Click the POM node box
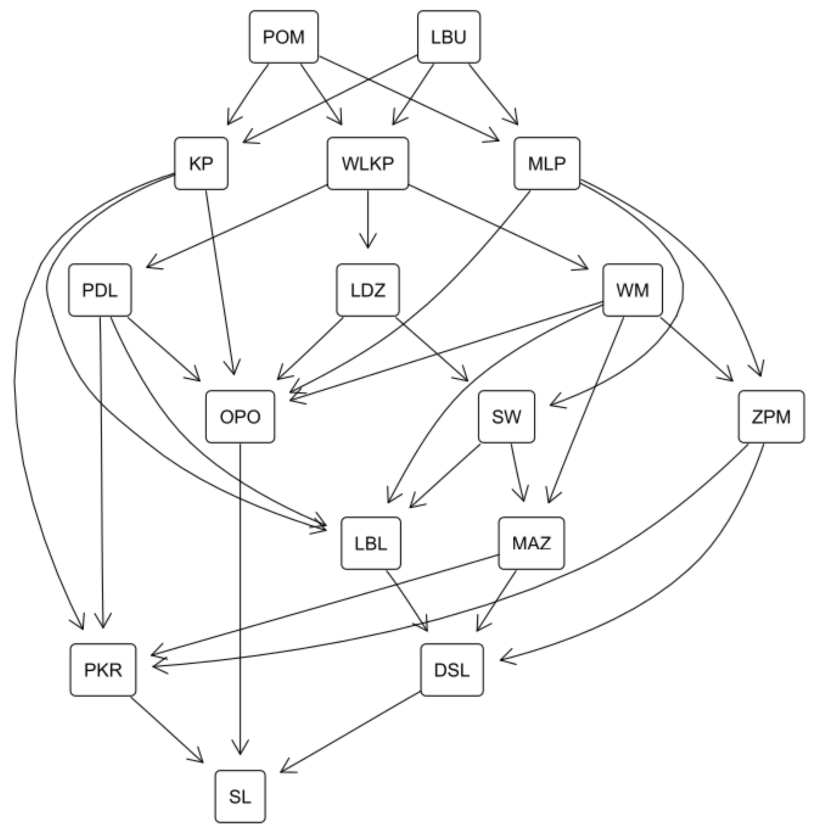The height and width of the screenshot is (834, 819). tap(283, 37)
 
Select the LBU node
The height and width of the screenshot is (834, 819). tap(449, 37)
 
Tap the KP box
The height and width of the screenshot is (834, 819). tap(201, 164)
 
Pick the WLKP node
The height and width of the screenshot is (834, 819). tap(368, 164)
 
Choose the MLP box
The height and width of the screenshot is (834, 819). tap(547, 164)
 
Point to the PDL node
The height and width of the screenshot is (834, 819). tap(100, 290)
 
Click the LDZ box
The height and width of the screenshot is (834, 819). tap(368, 290)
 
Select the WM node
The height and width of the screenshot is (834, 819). tap(632, 290)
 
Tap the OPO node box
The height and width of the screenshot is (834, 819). tap(240, 416)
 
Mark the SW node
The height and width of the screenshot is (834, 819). tap(506, 416)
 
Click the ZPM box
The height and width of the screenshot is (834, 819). tap(771, 416)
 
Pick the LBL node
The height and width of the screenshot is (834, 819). tap(371, 543)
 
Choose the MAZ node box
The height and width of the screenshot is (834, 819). tap(531, 543)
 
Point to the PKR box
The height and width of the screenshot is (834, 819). tap(103, 670)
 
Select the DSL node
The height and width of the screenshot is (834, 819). tap(452, 670)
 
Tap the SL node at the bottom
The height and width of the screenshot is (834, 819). tap(240, 796)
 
